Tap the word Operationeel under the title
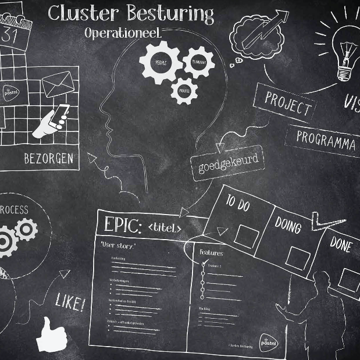122,33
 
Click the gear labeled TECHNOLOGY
198,62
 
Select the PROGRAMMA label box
325,140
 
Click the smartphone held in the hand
60,117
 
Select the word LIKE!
70,303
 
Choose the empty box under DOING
297,258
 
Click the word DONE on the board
340,244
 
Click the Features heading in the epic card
211,253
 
